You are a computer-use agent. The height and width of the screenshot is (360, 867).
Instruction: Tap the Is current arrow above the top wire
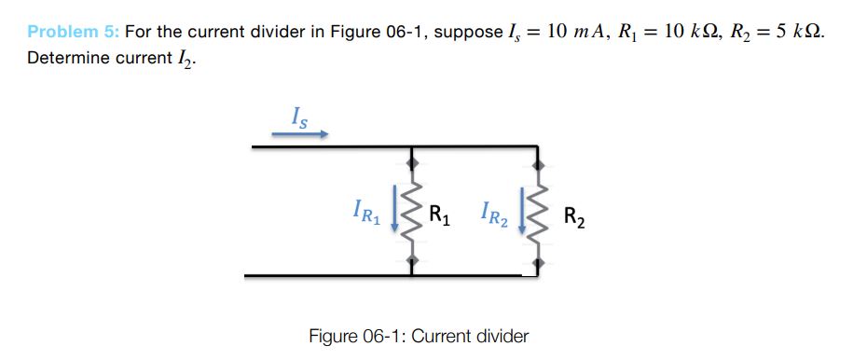tap(299, 133)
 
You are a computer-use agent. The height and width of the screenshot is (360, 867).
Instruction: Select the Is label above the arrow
tap(297, 117)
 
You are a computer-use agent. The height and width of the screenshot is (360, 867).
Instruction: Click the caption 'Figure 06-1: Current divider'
tap(419, 336)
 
